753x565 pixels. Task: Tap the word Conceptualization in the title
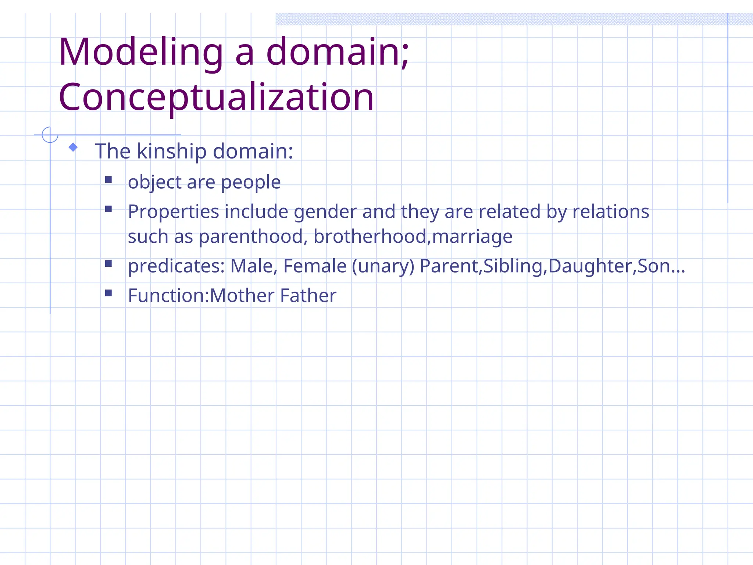coord(216,97)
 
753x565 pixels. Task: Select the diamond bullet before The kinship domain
coord(73,148)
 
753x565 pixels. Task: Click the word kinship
coord(172,151)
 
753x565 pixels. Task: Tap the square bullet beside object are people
coord(108,180)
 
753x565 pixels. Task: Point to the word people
coord(251,182)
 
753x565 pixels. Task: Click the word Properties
coord(174,212)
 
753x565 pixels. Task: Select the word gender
coord(325,212)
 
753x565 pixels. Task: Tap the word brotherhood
coord(370,237)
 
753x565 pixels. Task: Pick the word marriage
coord(472,237)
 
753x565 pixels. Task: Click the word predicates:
coord(176,266)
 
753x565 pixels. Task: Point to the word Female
coord(315,266)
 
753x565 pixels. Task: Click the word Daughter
coord(590,266)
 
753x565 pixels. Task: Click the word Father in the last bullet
coord(308,295)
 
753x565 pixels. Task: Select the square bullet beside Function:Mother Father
coord(108,293)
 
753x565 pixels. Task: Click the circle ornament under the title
coord(50,135)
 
